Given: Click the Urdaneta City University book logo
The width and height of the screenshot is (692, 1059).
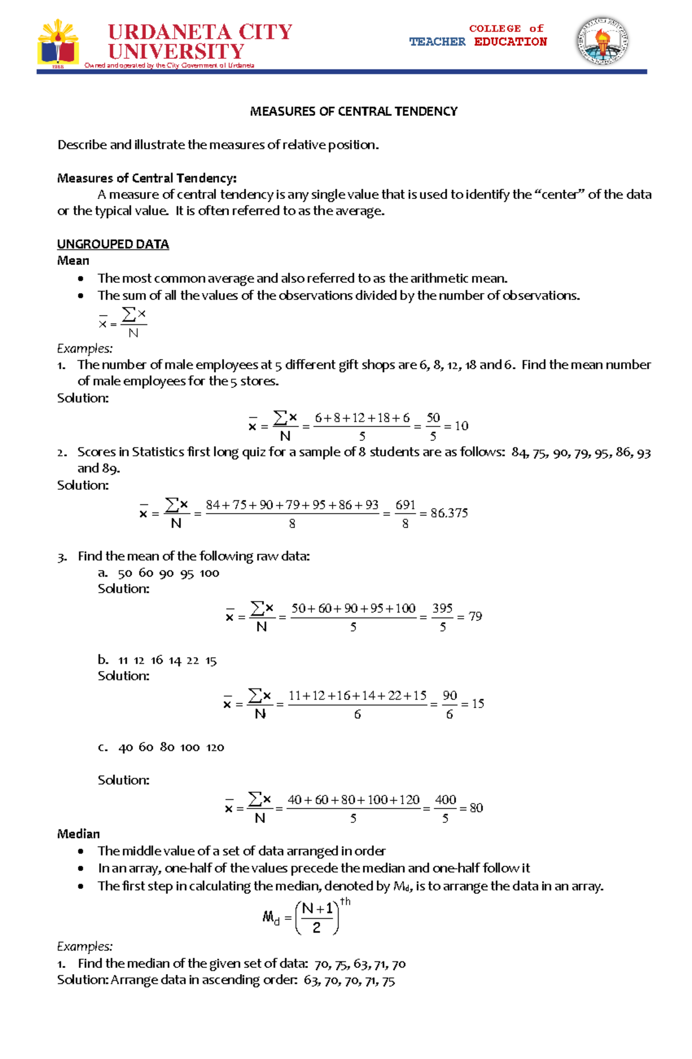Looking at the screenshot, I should point(58,43).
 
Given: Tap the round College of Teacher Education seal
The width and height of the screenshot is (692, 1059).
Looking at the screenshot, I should point(602,40).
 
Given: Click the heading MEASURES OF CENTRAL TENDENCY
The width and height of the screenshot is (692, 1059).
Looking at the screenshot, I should point(353,111).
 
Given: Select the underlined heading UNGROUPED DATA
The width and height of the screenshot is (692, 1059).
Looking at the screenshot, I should point(113,244).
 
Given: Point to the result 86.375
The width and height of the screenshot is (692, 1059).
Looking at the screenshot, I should point(449,513).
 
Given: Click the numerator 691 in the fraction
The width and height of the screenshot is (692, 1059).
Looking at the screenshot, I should point(405,505).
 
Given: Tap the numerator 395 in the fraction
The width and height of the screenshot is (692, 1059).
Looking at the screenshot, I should point(442,608).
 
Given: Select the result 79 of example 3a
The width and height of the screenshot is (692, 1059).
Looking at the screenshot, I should point(475,616).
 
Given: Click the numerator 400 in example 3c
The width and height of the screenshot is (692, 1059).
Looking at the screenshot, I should point(445,800).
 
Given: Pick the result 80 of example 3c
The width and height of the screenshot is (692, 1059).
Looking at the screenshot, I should point(476,808).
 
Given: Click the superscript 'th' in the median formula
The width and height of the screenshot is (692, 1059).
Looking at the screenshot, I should point(345,901).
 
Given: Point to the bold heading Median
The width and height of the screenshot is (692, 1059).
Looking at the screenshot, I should point(78,834).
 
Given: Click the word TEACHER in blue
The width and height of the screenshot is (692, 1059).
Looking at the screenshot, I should point(437,42).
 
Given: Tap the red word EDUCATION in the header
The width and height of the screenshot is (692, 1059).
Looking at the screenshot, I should point(510,42).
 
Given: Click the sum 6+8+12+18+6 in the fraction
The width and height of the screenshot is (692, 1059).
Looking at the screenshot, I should point(362,418).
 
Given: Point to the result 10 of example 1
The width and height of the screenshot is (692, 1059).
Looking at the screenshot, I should point(461,426).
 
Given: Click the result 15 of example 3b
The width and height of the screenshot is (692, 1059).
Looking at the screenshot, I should point(478,703).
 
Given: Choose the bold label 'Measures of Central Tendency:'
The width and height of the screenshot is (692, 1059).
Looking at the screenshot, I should point(146,178).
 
